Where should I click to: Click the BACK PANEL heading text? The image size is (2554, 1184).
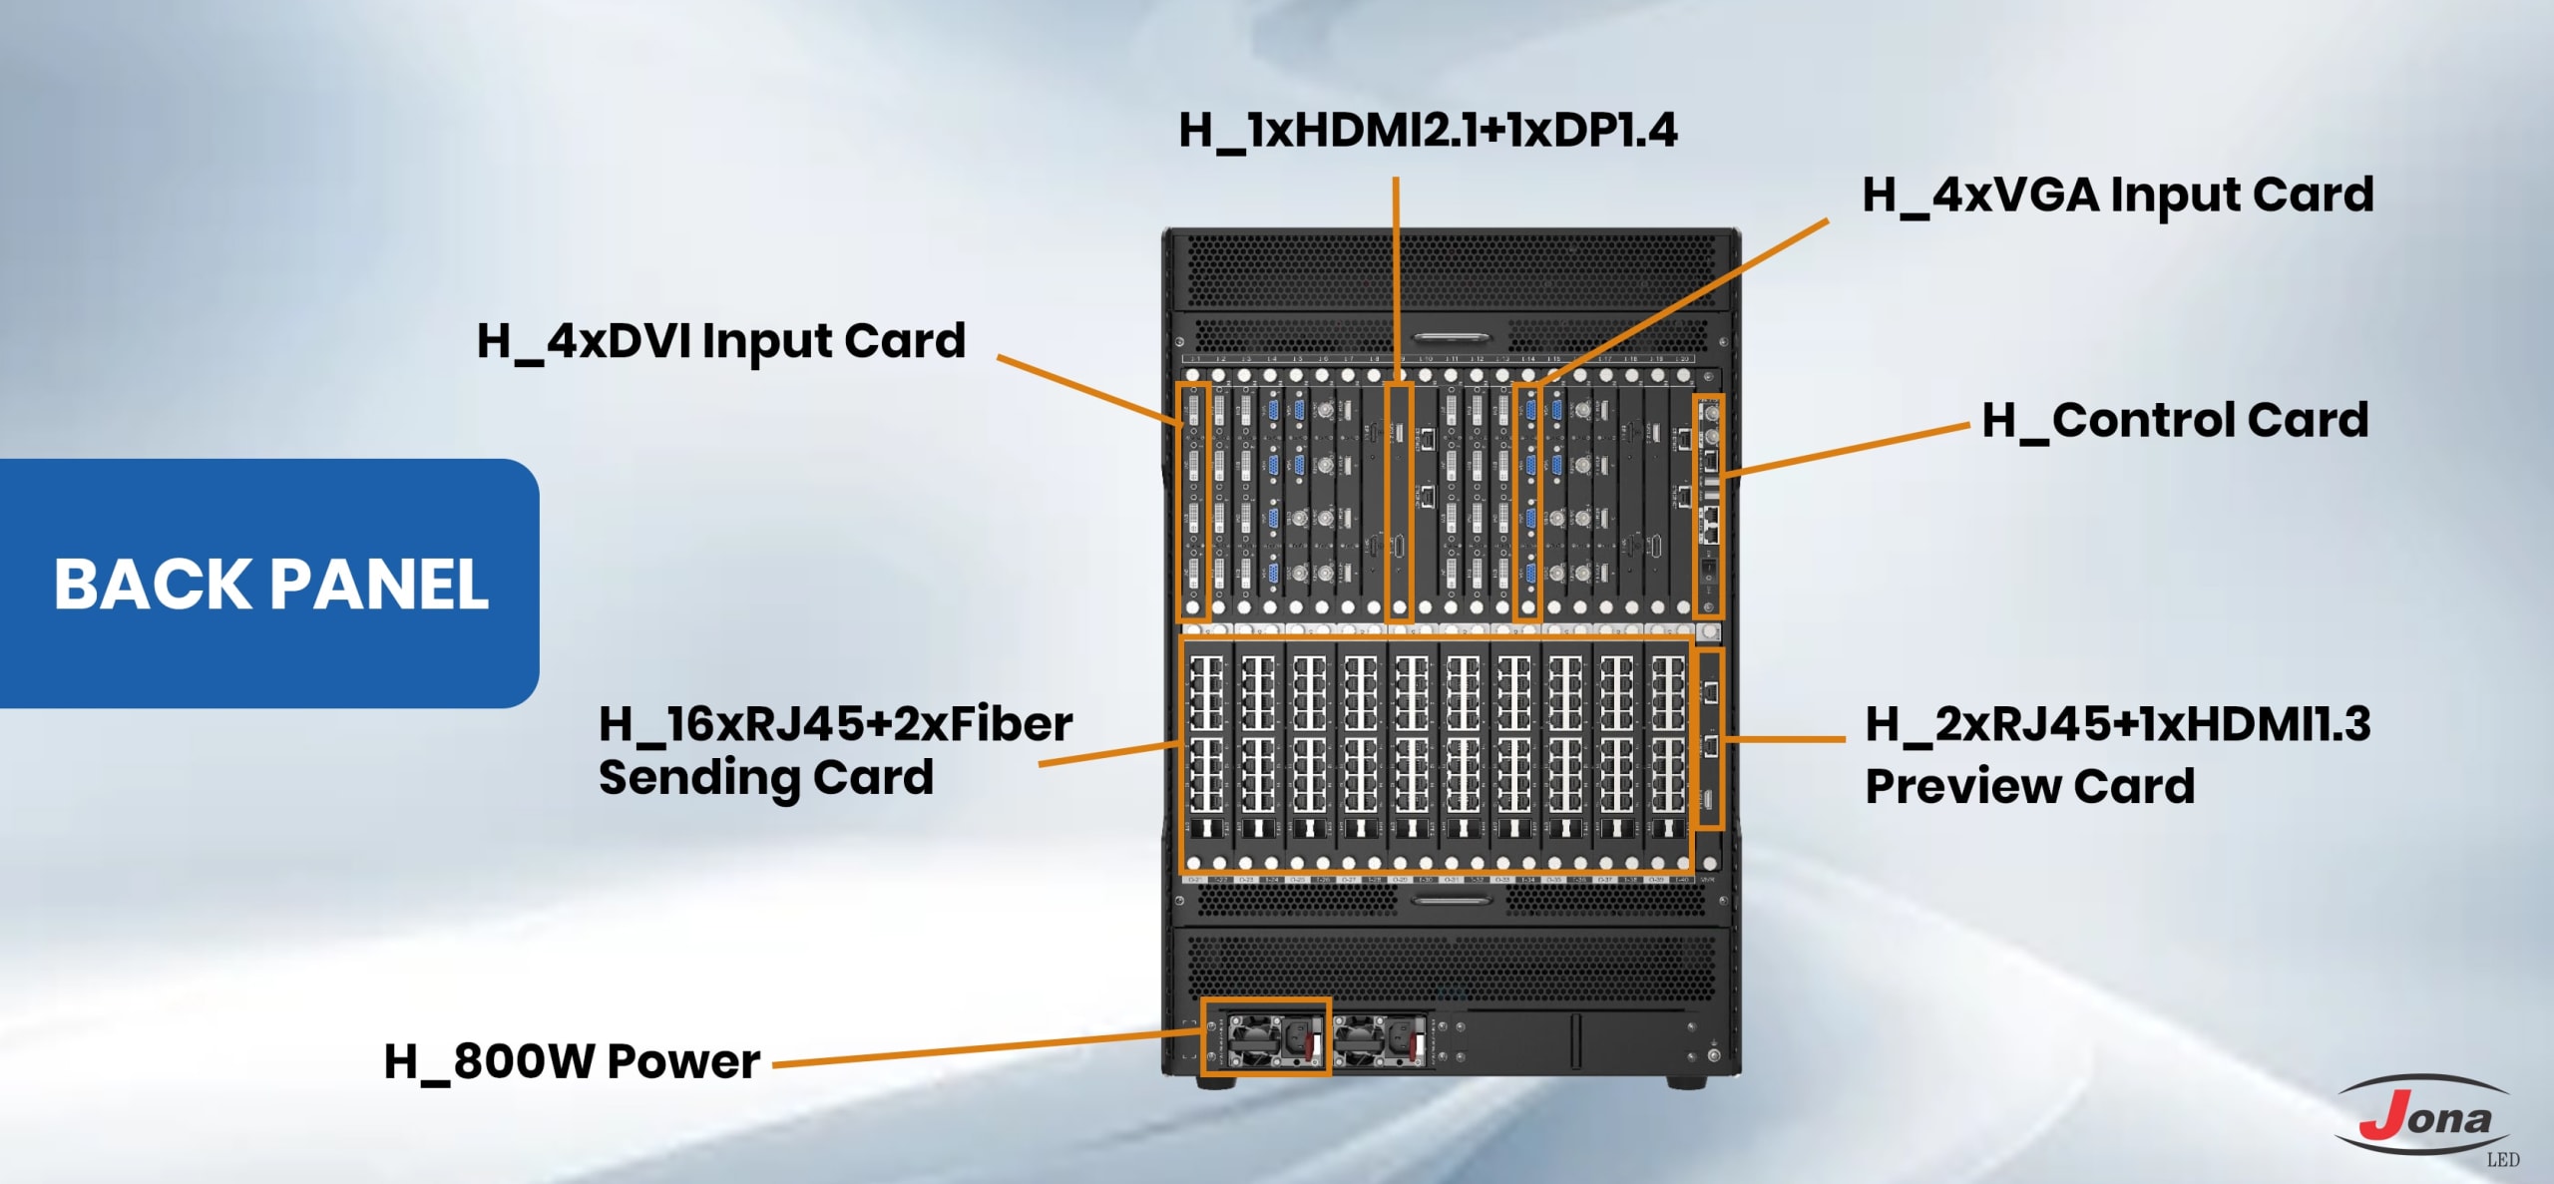[x=271, y=584]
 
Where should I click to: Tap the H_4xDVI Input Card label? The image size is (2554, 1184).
[x=720, y=341]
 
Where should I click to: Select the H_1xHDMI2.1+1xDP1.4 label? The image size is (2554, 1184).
[x=1428, y=131]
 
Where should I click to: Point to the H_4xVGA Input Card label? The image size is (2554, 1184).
[x=2117, y=195]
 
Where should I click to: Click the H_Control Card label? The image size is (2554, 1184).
[x=2175, y=420]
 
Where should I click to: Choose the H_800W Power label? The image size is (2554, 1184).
[x=572, y=1061]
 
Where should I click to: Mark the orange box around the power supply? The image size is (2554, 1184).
[x=1265, y=1037]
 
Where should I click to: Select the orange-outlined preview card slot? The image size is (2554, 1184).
[x=1709, y=739]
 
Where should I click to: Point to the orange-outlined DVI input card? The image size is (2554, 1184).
[x=1194, y=502]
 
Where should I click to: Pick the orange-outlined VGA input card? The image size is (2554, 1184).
[x=1527, y=502]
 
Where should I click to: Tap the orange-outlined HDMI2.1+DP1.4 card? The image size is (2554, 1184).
[x=1399, y=502]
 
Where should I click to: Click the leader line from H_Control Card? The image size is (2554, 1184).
[x=1846, y=449]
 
